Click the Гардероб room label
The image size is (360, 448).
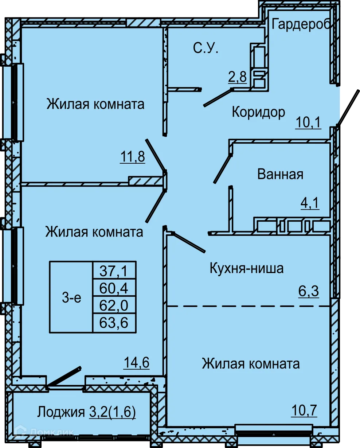pos(301,25)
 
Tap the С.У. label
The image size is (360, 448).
pos(206,48)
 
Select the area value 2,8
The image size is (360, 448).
pos(238,77)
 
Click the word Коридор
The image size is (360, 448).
pos(258,112)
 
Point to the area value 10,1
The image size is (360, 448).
pos(308,122)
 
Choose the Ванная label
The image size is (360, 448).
pos(280,174)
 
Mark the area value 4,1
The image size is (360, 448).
pos(309,203)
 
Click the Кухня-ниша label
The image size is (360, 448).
pos(247,269)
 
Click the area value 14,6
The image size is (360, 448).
pos(137,363)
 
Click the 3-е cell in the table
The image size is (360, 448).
pos(71,297)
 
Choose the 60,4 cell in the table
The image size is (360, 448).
pos(114,288)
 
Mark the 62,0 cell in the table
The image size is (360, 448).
pos(114,305)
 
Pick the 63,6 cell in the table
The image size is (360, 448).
pos(114,322)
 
